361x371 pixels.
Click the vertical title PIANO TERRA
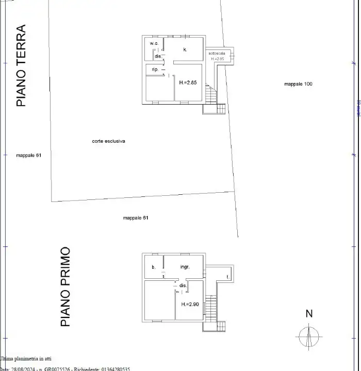(x=21, y=65)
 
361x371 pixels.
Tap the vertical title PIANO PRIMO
(x=65, y=287)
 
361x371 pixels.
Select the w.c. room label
(x=154, y=43)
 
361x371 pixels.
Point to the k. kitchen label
(x=185, y=49)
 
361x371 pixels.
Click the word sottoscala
(x=217, y=54)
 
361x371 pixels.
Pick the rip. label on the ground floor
(x=155, y=69)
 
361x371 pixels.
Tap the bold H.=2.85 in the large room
(x=188, y=82)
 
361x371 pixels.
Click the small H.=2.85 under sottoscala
(x=217, y=59)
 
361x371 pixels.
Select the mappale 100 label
(x=298, y=83)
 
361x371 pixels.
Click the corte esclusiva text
(x=109, y=141)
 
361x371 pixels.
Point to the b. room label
(x=153, y=267)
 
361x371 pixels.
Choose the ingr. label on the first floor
(x=185, y=267)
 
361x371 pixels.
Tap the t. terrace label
(x=227, y=277)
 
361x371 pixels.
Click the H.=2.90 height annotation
(x=190, y=305)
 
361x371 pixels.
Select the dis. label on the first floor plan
(x=183, y=285)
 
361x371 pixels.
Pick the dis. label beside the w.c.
(x=158, y=56)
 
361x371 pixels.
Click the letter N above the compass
(x=309, y=313)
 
